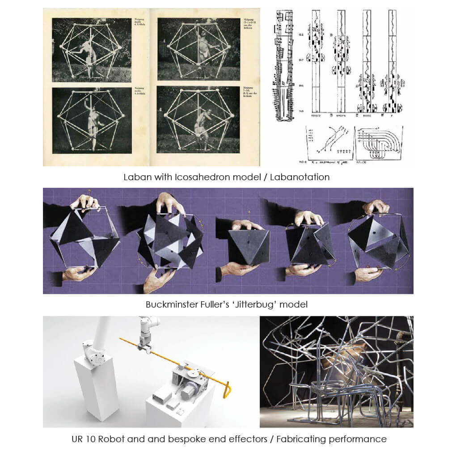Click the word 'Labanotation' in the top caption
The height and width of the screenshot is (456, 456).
300,177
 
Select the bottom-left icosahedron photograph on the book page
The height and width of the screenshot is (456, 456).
92,119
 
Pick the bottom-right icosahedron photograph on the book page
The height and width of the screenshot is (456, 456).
198,119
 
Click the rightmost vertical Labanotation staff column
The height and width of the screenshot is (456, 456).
392,63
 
